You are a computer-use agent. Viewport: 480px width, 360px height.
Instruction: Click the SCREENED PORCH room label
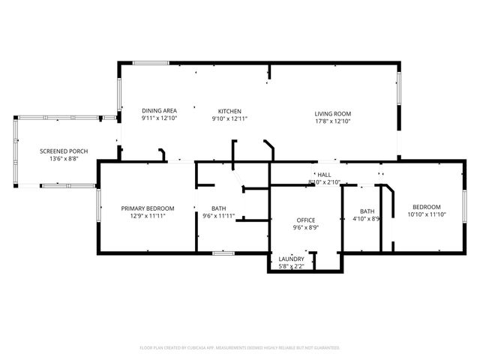[64, 151]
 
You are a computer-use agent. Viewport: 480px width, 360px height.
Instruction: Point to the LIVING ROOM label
[332, 114]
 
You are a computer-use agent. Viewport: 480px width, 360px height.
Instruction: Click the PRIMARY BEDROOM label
[148, 208]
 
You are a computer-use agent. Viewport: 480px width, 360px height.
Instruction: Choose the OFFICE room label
[304, 220]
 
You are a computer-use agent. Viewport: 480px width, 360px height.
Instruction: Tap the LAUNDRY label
[291, 259]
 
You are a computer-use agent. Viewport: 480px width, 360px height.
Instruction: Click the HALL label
[324, 175]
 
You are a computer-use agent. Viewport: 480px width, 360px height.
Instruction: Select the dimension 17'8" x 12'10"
[332, 121]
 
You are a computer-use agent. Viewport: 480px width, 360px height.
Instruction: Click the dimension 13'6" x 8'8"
[64, 159]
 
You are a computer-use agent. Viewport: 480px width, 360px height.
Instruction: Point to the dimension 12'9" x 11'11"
[148, 215]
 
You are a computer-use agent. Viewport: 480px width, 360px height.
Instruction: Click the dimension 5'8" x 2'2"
[291, 266]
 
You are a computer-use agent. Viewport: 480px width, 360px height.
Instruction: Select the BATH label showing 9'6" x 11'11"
[219, 208]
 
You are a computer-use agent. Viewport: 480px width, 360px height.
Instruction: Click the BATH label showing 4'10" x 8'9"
[367, 211]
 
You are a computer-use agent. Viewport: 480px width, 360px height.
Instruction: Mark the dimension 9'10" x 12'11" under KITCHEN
[229, 119]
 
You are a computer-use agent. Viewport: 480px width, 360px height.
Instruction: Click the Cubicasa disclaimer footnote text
[240, 348]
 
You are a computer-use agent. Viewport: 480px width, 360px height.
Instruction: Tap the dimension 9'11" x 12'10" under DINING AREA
[158, 119]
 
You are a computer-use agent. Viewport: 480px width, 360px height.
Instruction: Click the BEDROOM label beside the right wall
[424, 207]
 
